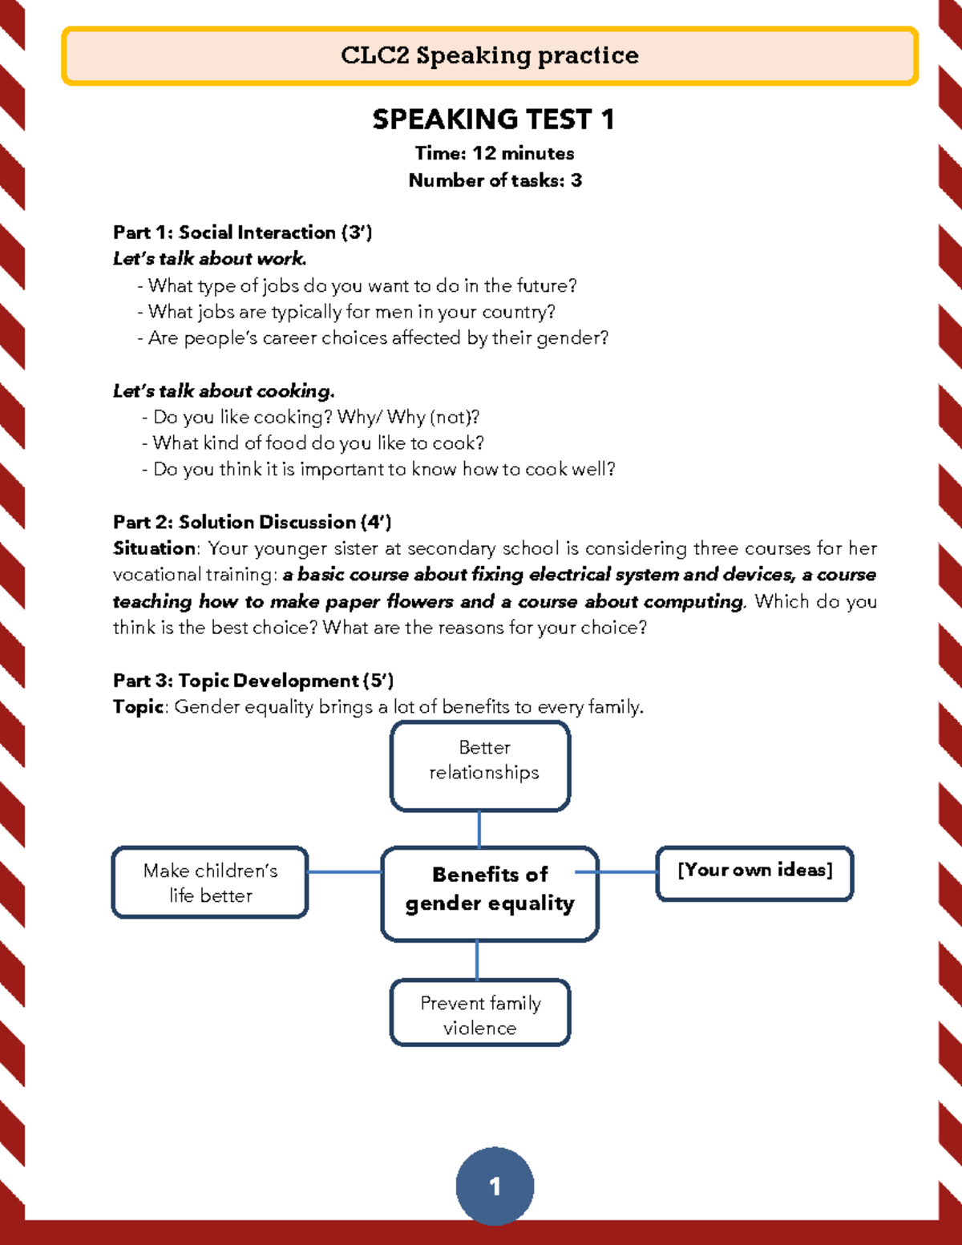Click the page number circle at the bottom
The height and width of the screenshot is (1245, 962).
click(495, 1186)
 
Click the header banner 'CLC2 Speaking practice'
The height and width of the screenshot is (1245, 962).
click(490, 55)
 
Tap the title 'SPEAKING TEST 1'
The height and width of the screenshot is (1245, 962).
click(493, 119)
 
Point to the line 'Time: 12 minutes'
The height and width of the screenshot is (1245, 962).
click(494, 153)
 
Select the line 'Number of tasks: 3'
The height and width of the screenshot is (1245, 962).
click(495, 180)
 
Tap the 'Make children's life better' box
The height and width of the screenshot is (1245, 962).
click(210, 882)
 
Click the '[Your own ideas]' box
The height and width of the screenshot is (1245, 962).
click(754, 873)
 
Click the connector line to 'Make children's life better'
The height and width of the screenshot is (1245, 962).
click(345, 871)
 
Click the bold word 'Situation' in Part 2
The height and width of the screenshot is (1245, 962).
click(154, 548)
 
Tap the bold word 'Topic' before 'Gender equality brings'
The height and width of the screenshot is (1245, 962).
click(139, 707)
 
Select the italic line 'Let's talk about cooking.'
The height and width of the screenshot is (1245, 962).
click(223, 391)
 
